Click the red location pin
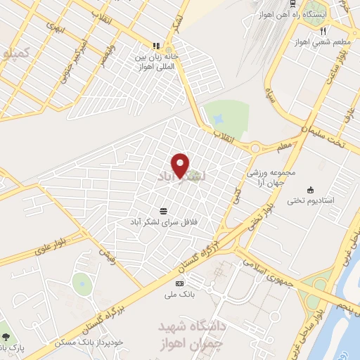181,165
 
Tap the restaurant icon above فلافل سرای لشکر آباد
164,210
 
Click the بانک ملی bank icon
179,283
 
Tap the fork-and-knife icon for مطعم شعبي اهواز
323,32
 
